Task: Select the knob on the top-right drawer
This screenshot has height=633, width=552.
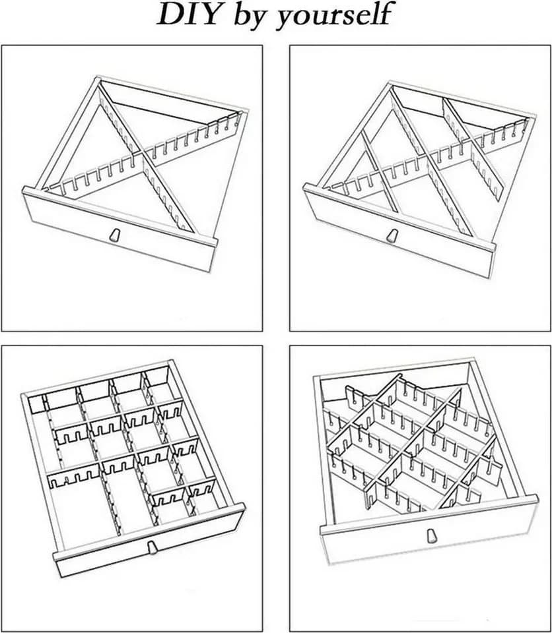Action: pyautogui.click(x=391, y=236)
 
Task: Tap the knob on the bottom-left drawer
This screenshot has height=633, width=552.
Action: pyautogui.click(x=153, y=548)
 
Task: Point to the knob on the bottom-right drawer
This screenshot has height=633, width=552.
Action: pyautogui.click(x=431, y=535)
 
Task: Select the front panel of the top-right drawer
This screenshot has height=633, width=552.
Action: pyautogui.click(x=399, y=231)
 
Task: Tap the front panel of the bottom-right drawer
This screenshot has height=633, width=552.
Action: pyautogui.click(x=429, y=532)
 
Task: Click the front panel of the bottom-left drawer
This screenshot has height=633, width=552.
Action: pyautogui.click(x=150, y=540)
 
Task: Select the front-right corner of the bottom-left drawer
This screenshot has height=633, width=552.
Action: pyautogui.click(x=242, y=506)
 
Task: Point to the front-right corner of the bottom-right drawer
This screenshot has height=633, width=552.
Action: pyautogui.click(x=536, y=497)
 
